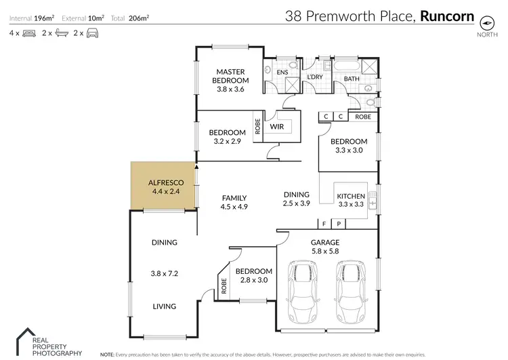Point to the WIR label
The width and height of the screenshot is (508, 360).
[x=276, y=126]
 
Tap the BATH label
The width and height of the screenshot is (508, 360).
[x=352, y=79]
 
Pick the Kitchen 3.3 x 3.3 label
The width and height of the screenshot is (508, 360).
[x=350, y=200]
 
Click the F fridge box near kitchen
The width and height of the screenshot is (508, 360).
[x=324, y=223]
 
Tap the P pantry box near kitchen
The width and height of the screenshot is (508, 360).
[x=337, y=223]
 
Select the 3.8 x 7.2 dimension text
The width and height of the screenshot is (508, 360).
[x=164, y=274]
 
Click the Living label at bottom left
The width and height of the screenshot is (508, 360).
[x=164, y=306]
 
